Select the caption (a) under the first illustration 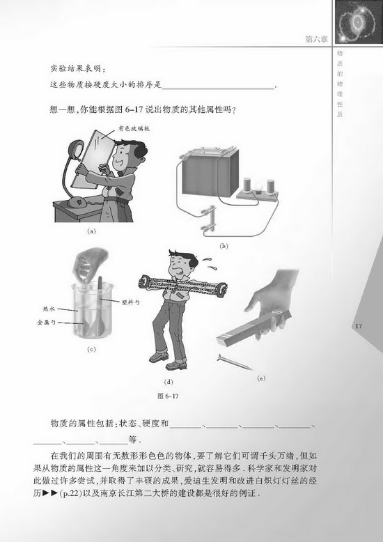91,229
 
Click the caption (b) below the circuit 224,246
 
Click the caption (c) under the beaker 91,348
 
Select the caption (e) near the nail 261,378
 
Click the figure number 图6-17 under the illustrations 159,396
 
